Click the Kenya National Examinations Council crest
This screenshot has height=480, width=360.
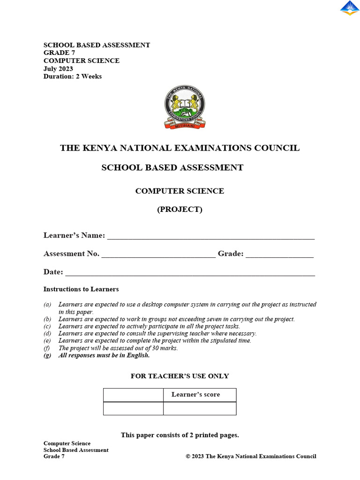click(x=185, y=107)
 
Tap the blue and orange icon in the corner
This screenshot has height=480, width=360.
click(x=349, y=8)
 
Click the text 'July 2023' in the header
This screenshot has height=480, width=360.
click(x=58, y=68)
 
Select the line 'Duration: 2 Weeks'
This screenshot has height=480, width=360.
click(x=72, y=76)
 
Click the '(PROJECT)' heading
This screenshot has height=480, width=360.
click(x=180, y=210)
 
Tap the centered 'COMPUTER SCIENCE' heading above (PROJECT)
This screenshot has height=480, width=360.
click(x=180, y=191)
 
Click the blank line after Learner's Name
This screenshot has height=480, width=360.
click(x=211, y=237)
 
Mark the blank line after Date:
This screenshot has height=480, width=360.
click(x=190, y=273)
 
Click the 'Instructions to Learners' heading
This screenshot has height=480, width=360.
click(x=81, y=289)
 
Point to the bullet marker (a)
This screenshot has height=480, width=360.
click(x=47, y=305)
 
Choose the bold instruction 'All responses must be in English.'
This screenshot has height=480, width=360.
click(x=104, y=355)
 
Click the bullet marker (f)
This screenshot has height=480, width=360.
click(x=47, y=348)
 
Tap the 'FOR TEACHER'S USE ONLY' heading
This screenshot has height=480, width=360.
click(x=180, y=376)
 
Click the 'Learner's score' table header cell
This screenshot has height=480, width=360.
click(x=200, y=395)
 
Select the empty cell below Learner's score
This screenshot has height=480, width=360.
click(x=200, y=408)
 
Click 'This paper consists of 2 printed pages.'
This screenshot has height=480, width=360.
click(x=180, y=435)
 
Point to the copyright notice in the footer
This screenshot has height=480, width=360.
click(x=251, y=457)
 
